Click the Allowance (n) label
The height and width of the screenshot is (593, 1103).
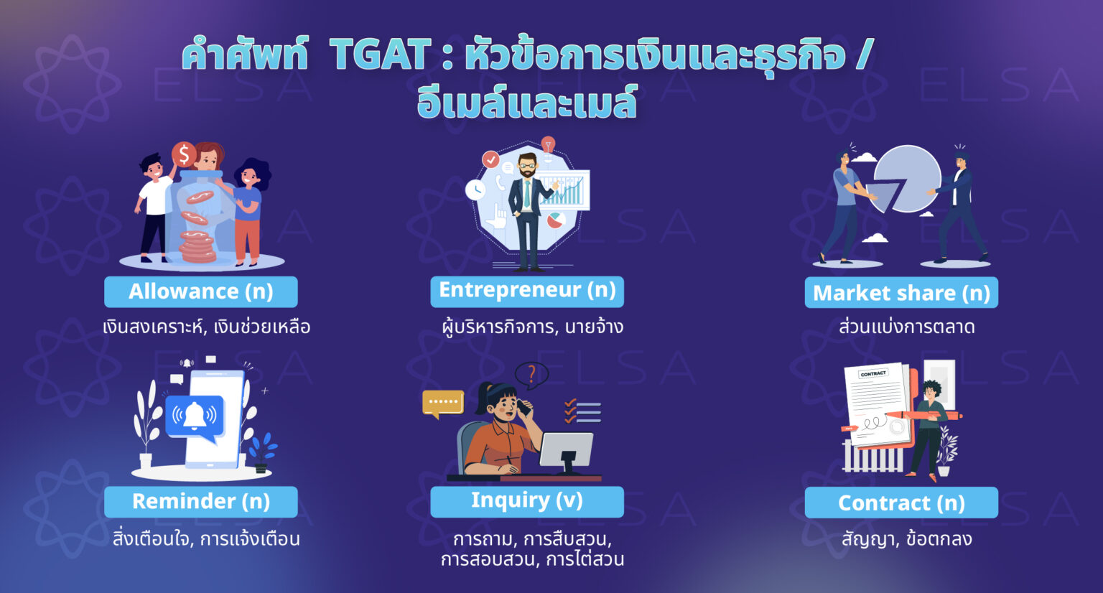(200, 291)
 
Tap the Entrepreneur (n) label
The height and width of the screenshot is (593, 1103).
(527, 290)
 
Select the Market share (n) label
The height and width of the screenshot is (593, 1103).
(901, 293)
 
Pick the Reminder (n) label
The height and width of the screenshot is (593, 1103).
(200, 501)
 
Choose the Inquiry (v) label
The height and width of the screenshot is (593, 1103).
(527, 500)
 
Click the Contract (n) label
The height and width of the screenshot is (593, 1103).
(901, 503)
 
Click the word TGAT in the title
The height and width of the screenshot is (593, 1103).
(381, 56)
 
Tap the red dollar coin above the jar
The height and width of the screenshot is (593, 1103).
(184, 154)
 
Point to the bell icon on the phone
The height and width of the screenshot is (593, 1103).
(195, 414)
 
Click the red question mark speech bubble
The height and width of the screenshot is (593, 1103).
(531, 374)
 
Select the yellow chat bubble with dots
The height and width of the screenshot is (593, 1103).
(442, 403)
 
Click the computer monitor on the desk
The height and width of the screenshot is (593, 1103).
(567, 452)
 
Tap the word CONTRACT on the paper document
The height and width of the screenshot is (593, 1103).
(873, 374)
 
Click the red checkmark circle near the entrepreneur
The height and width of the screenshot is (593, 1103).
(490, 159)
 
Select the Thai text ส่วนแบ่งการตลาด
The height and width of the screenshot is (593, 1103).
(906, 327)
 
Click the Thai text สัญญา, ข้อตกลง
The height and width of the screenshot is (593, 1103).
(906, 538)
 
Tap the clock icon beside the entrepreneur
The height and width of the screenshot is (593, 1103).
(475, 190)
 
